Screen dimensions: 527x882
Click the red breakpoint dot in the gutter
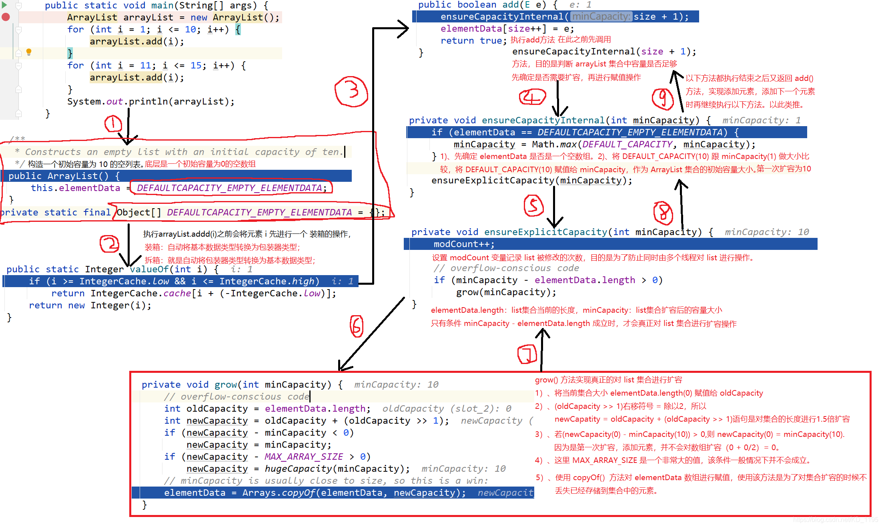(x=6, y=17)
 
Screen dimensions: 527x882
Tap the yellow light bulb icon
(x=29, y=52)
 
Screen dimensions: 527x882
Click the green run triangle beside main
(x=4, y=5)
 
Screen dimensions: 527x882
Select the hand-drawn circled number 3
(x=351, y=91)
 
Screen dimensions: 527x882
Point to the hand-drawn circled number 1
(x=113, y=124)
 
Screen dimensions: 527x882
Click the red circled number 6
(x=356, y=326)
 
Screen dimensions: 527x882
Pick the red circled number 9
(x=663, y=99)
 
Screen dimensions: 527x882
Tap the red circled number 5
(x=533, y=205)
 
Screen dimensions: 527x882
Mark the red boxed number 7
(x=527, y=354)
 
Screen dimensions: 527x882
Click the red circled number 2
(x=109, y=244)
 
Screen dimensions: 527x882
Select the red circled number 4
(x=532, y=97)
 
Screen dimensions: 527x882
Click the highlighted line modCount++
(x=464, y=244)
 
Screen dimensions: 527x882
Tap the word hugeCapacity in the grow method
(x=298, y=469)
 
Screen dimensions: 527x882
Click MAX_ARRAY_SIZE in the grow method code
(x=303, y=457)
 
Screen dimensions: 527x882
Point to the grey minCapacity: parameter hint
(x=601, y=16)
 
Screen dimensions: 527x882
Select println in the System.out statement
(x=148, y=102)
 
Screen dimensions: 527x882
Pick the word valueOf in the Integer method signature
(x=148, y=269)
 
